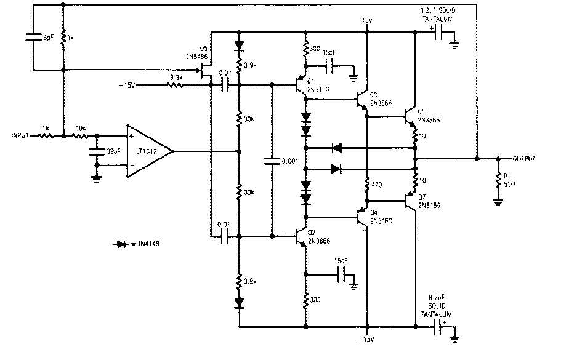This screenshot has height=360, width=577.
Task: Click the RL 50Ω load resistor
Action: click(x=498, y=180)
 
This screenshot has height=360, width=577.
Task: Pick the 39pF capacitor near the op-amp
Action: click(x=95, y=151)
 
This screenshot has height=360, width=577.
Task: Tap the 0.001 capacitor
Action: click(x=271, y=161)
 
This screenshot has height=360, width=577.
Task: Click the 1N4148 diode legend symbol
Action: click(x=121, y=244)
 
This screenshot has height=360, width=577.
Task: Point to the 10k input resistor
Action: click(x=79, y=135)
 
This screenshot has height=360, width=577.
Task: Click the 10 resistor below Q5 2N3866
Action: click(x=416, y=135)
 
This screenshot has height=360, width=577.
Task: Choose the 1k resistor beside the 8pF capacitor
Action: click(x=63, y=38)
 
